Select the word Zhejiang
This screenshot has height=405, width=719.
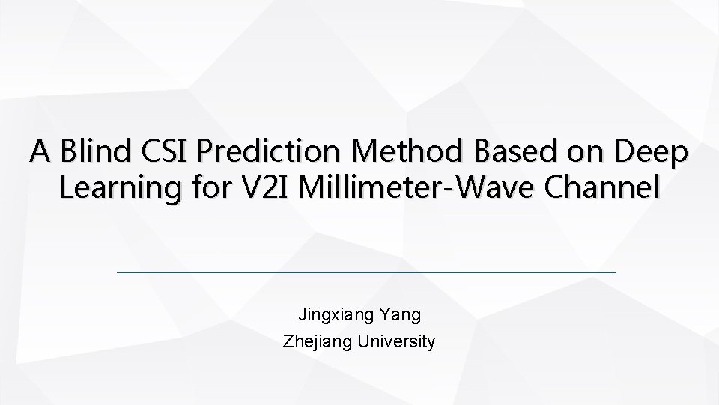(318, 342)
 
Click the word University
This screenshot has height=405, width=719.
(396, 342)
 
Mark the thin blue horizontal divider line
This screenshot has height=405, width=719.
(367, 272)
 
